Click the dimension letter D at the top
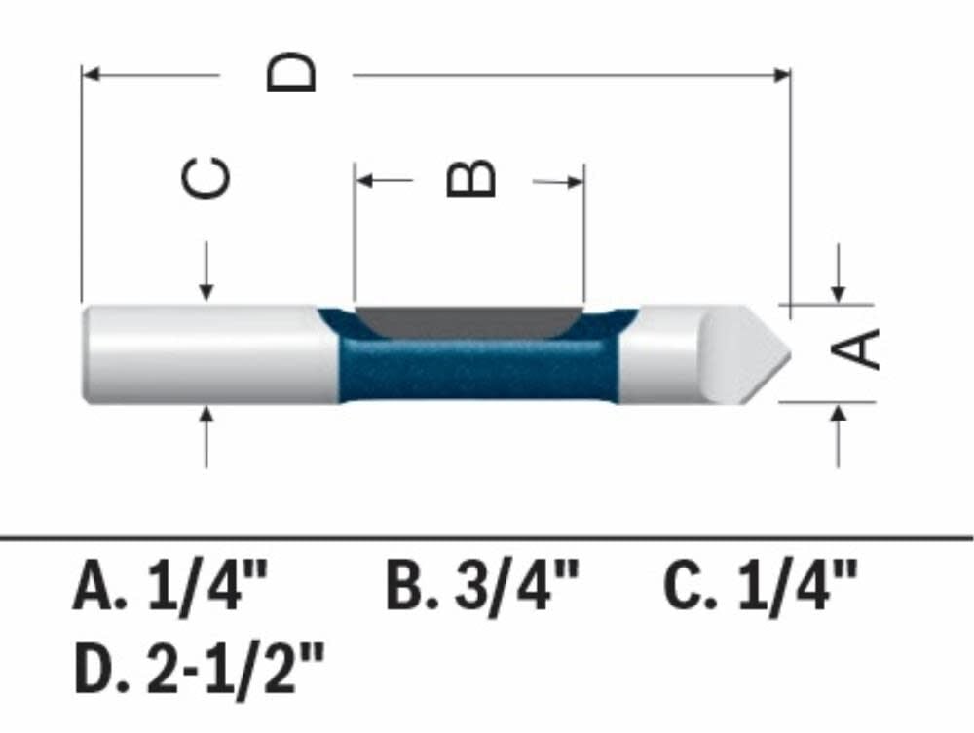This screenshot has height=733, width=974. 292,72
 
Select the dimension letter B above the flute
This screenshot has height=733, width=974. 471,179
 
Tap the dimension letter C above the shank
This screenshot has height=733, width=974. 207,178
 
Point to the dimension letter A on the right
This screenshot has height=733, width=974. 859,348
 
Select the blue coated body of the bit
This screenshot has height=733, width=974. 477,370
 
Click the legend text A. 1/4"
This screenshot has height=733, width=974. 169,588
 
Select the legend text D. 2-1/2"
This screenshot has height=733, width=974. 199,670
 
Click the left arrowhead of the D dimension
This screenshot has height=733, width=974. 91,73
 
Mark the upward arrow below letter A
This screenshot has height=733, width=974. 838,415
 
